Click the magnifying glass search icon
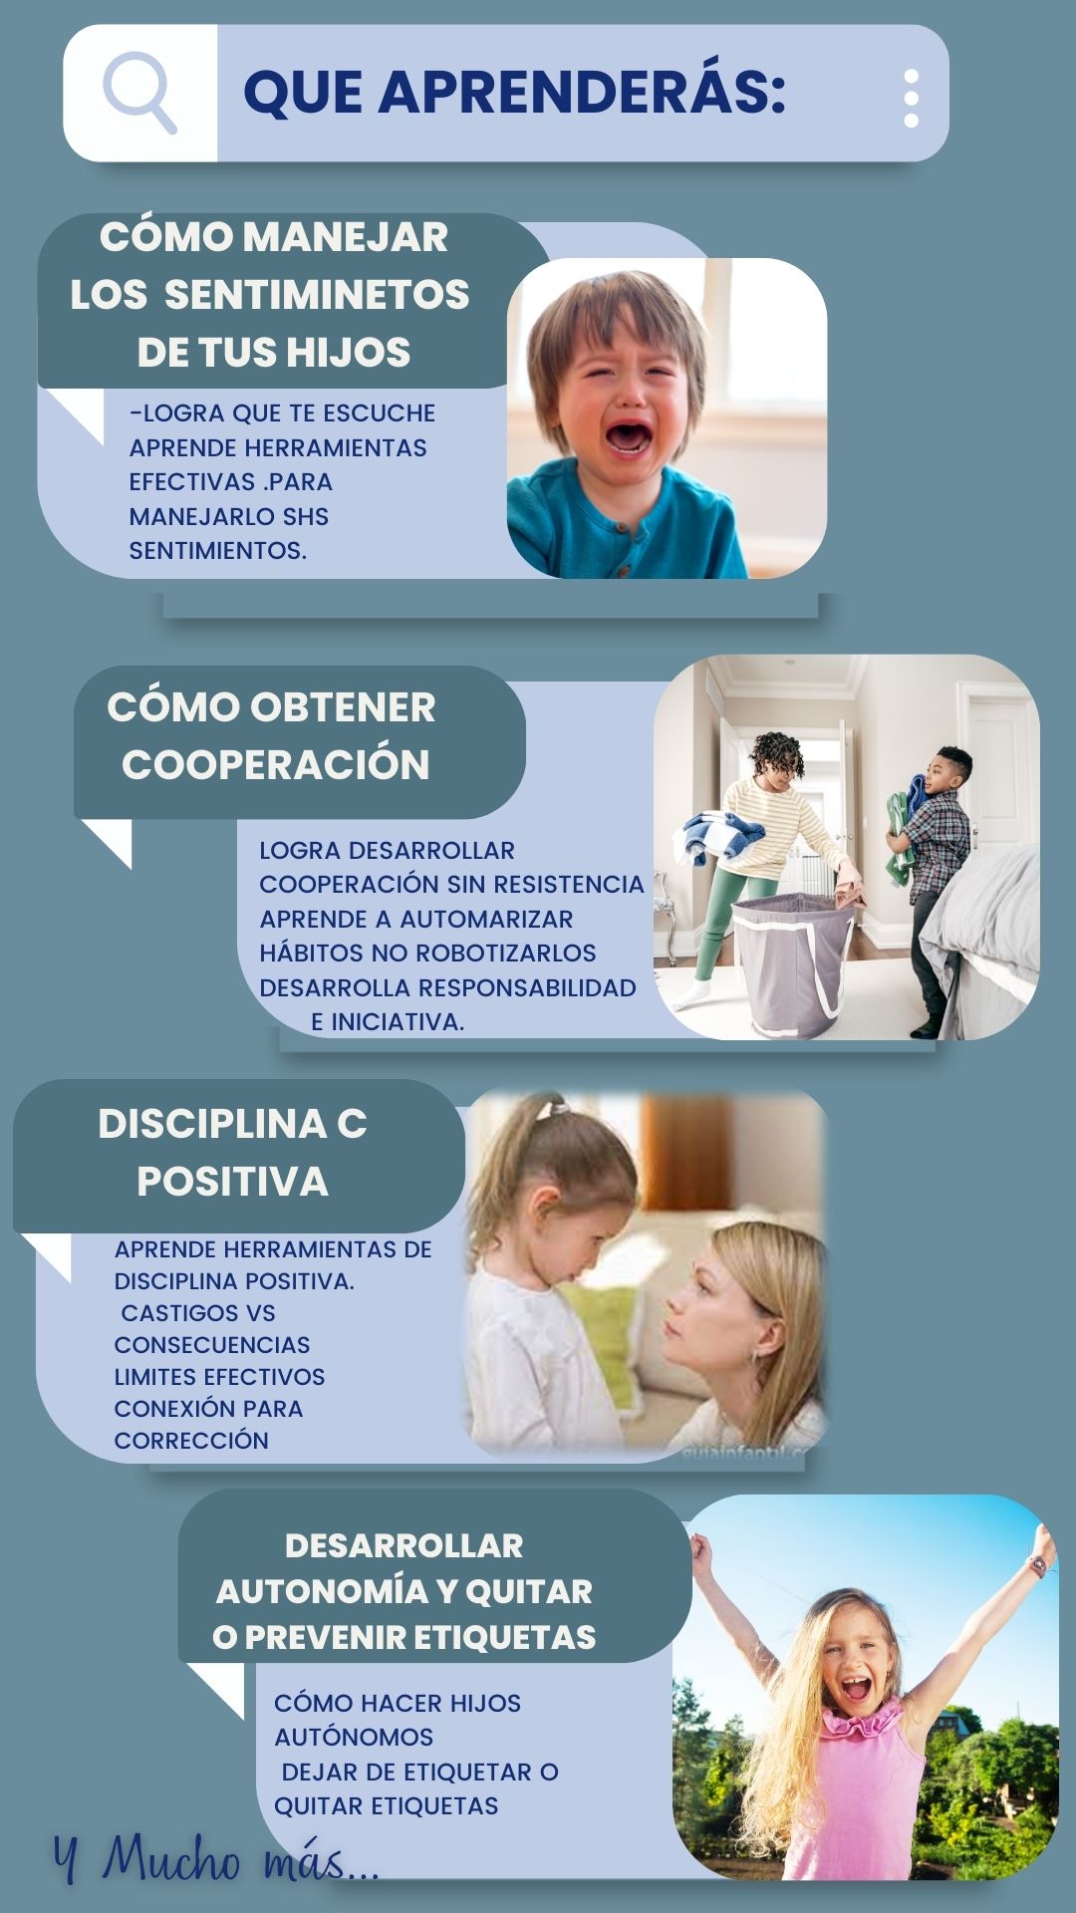(x=139, y=92)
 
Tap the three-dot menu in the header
(x=911, y=99)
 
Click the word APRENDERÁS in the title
(x=582, y=92)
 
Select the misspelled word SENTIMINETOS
(x=317, y=295)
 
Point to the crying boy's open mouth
(x=628, y=436)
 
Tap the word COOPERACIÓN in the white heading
(x=276, y=765)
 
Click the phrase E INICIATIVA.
(x=388, y=1022)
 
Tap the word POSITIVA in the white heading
(x=233, y=1182)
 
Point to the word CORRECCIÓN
(x=191, y=1441)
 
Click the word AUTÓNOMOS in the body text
(x=354, y=1738)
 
